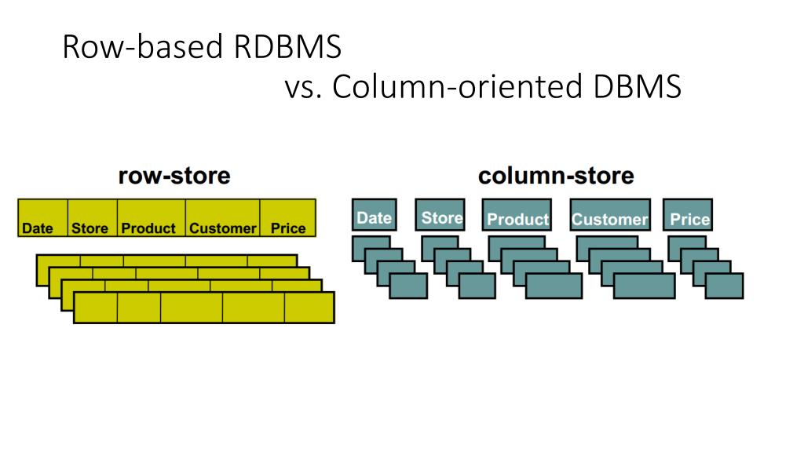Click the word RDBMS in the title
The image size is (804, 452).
[287, 48]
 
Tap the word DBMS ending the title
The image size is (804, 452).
[637, 88]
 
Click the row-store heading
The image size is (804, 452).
[174, 175]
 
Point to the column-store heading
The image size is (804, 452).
[555, 175]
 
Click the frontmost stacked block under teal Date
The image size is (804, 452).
[408, 286]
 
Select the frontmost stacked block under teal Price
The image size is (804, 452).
[724, 286]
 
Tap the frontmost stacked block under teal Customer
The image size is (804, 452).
[644, 286]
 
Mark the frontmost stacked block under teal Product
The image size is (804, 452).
[554, 286]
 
